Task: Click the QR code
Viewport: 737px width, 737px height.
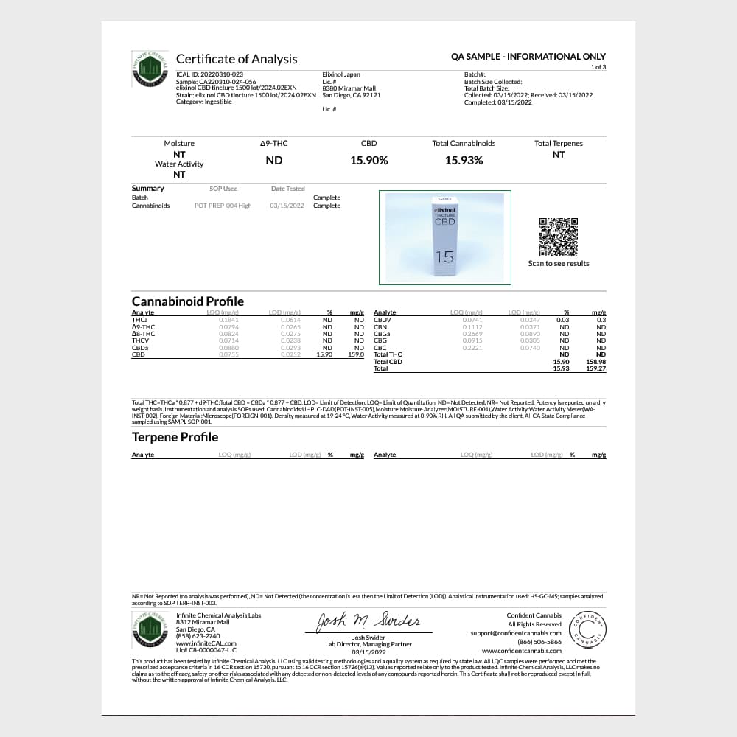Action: [559, 237]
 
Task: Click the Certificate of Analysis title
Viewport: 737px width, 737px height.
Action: [236, 59]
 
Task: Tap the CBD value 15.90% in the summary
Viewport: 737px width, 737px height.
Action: [368, 160]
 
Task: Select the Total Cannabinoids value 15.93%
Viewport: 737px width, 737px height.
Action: [464, 160]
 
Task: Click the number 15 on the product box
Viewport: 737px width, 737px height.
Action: [444, 257]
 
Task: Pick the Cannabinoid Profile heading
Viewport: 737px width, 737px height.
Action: [187, 301]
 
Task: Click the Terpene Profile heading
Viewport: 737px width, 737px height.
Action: [175, 437]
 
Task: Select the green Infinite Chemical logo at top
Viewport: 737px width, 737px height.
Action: [150, 69]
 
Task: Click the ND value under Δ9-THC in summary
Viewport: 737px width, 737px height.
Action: [273, 160]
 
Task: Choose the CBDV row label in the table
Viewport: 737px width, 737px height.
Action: [382, 320]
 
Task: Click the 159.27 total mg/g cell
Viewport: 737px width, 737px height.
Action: [595, 368]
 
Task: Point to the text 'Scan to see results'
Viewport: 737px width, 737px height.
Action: [559, 263]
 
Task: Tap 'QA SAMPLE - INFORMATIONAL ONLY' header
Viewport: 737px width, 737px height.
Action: [528, 56]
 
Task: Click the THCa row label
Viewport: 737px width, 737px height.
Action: [139, 320]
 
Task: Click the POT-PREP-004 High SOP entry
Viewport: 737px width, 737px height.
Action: [223, 206]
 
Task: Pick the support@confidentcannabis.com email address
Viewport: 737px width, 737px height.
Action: [516, 633]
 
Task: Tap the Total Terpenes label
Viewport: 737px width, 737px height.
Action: [558, 143]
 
